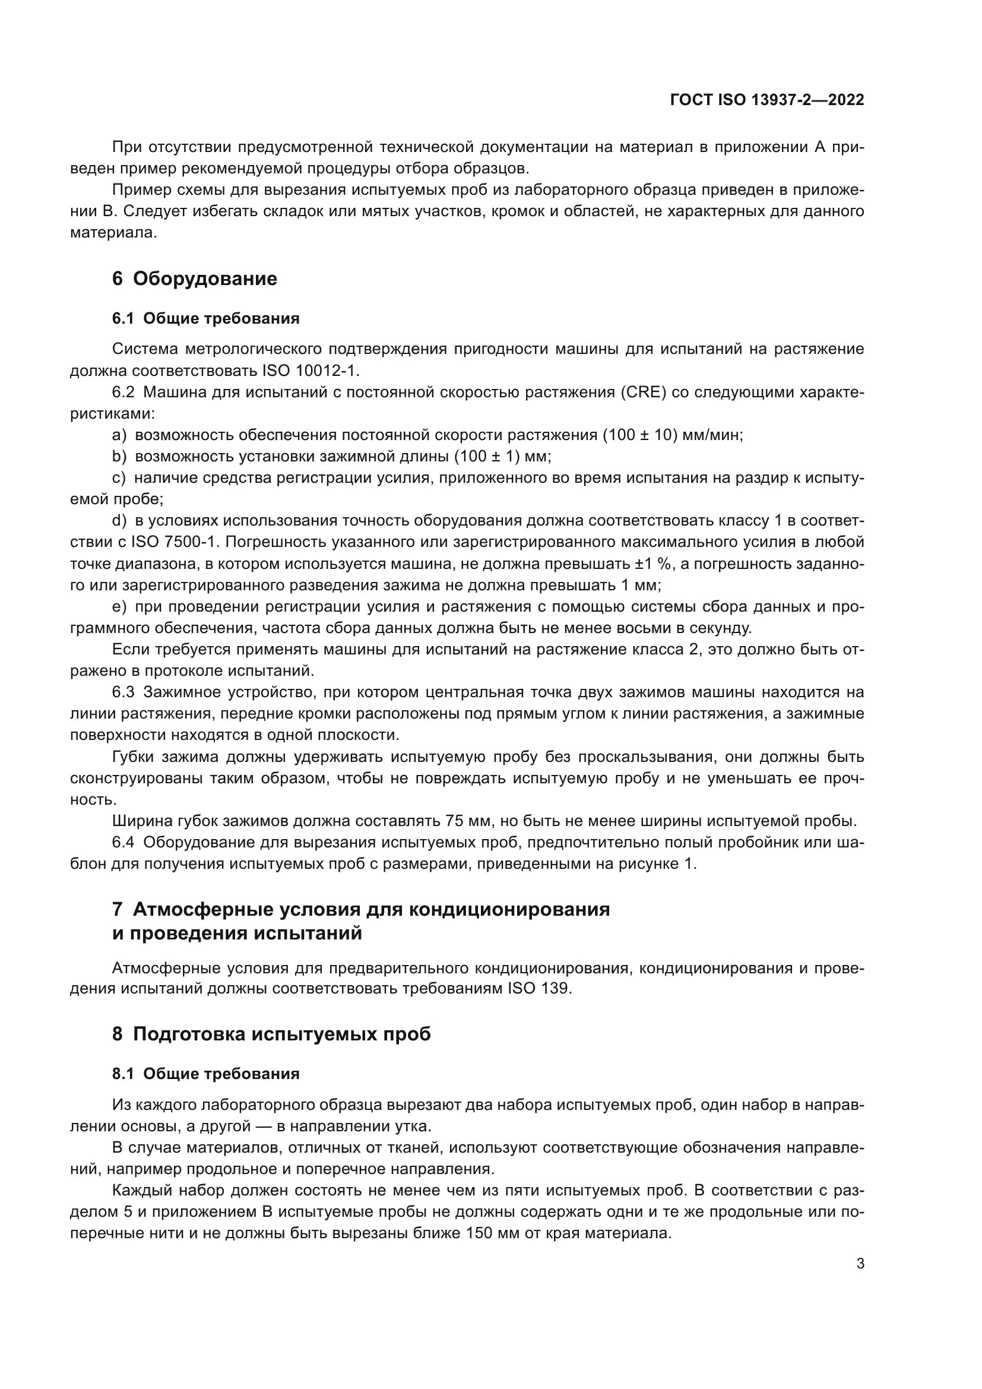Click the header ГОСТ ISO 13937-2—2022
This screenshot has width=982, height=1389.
(x=766, y=100)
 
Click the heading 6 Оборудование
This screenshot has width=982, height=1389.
(x=194, y=279)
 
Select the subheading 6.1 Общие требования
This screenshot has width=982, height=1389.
(x=205, y=318)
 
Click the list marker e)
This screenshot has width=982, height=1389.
(x=119, y=607)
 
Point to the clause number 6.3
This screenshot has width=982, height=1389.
(x=123, y=692)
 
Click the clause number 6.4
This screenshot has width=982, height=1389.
(x=123, y=843)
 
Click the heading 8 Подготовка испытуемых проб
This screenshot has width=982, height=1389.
(x=271, y=1034)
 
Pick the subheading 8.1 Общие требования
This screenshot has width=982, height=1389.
(x=205, y=1074)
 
